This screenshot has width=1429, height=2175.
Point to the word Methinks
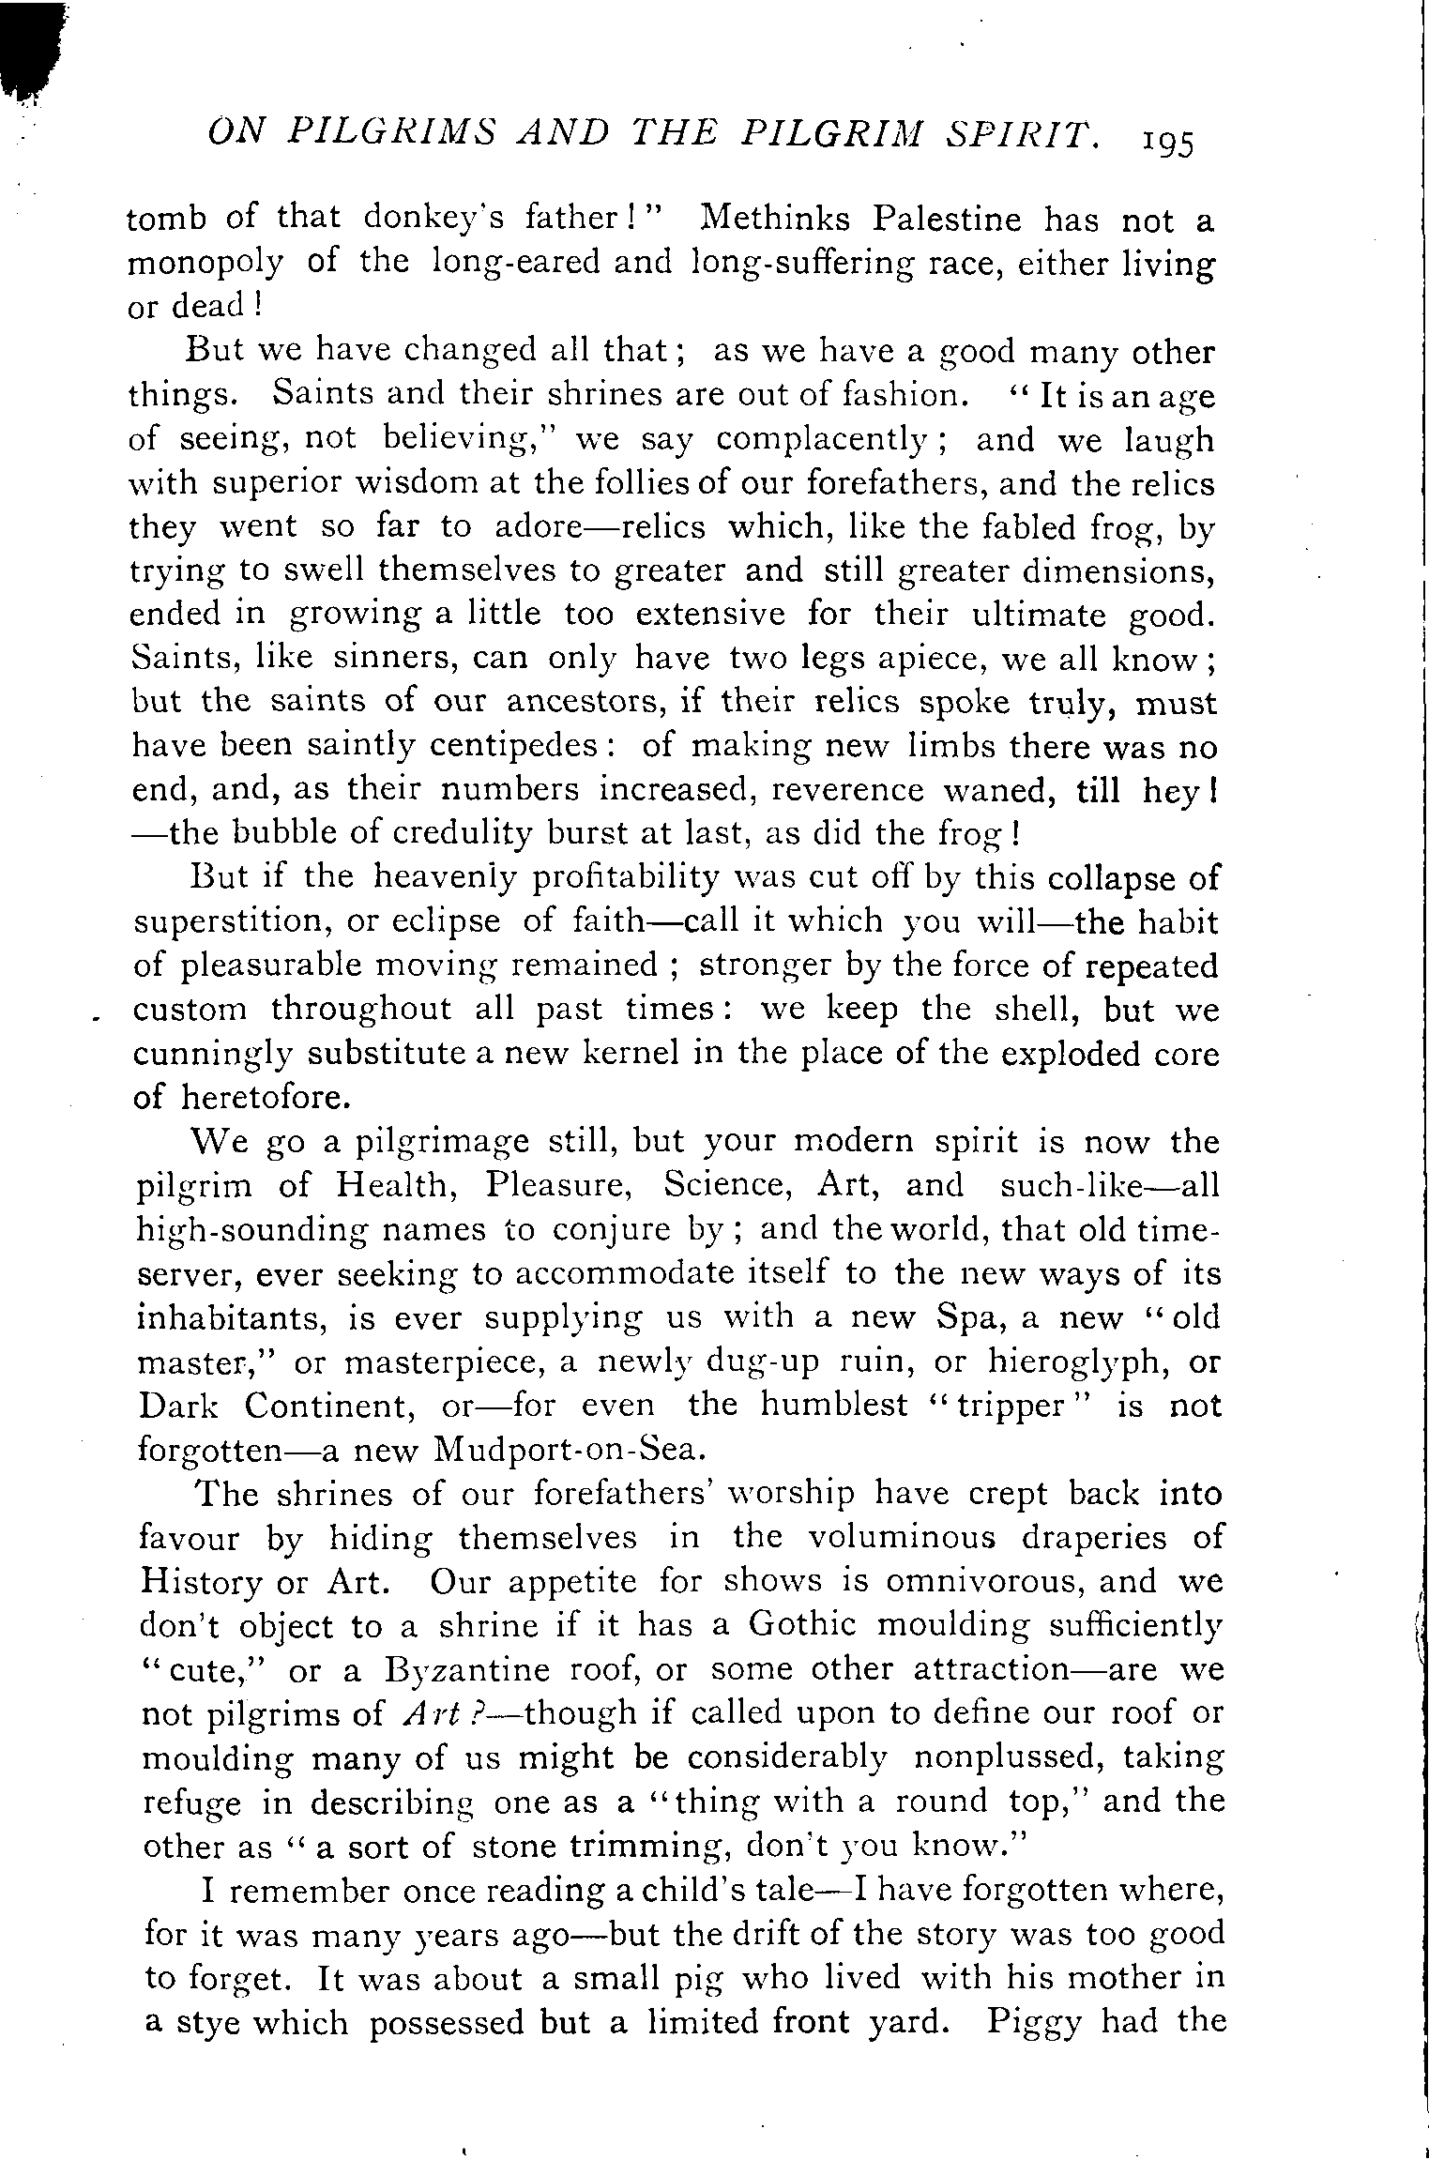(779, 219)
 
